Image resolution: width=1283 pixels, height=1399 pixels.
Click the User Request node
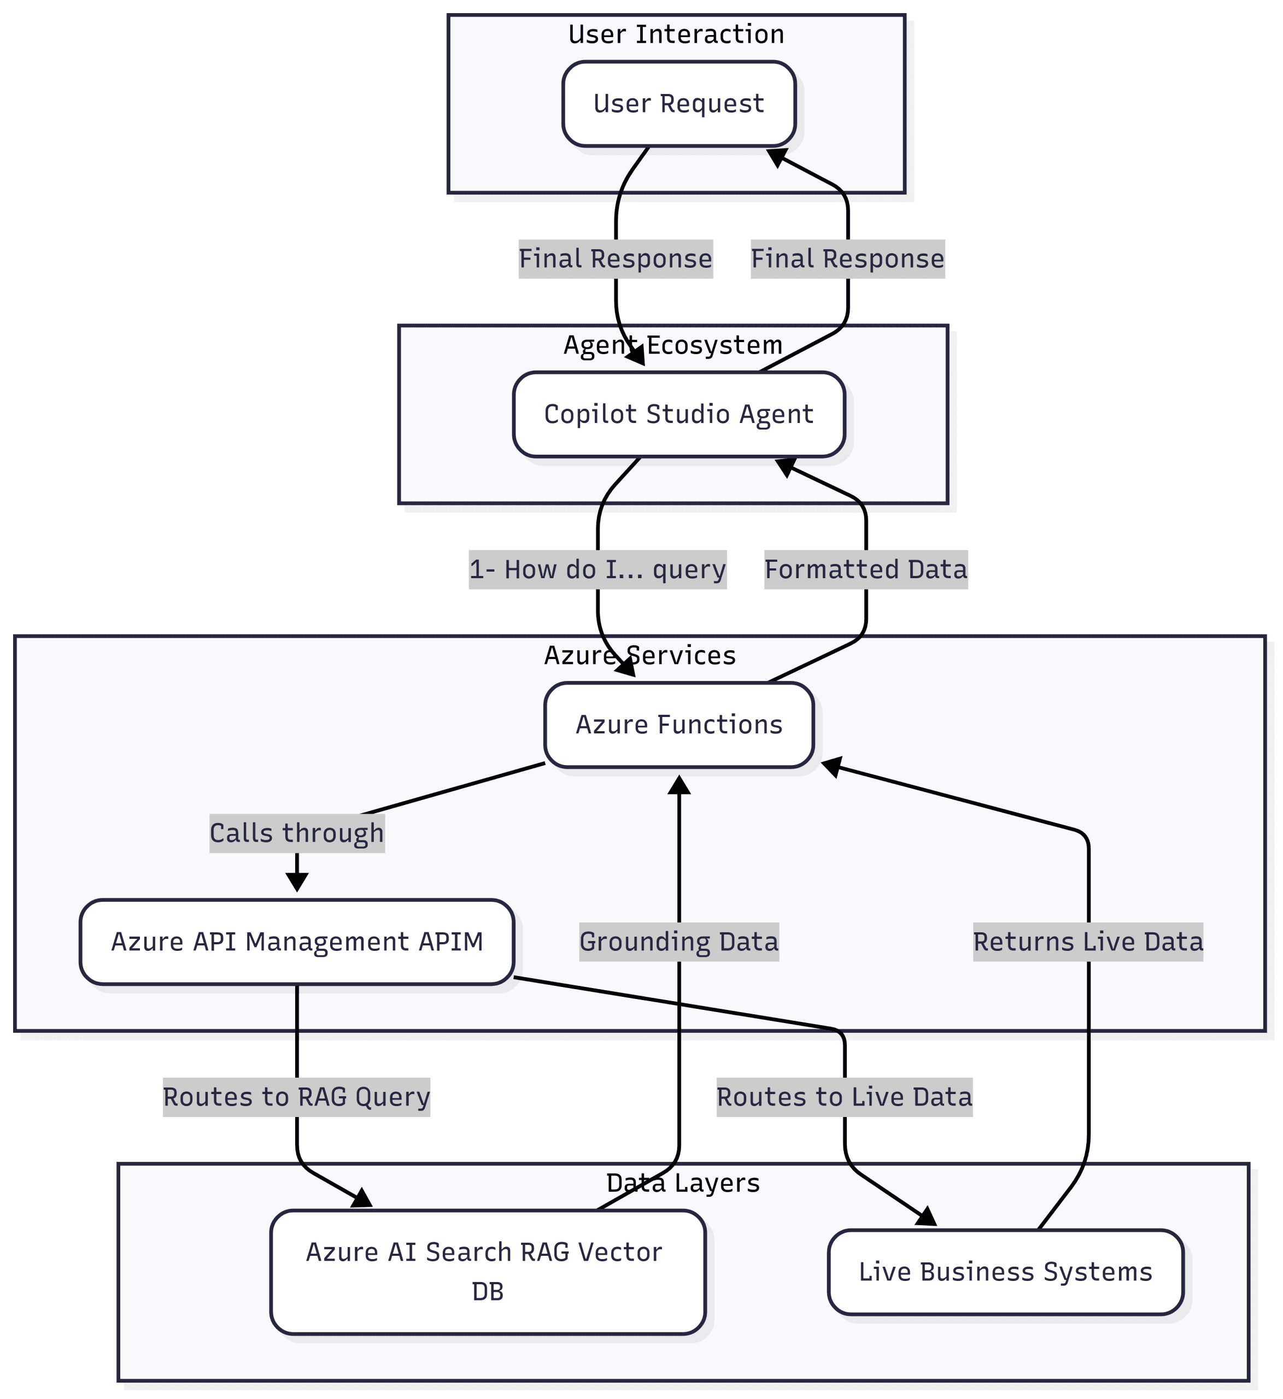pos(678,104)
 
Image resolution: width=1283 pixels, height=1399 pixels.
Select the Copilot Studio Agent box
pos(678,414)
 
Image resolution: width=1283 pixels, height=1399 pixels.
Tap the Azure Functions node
pos(678,725)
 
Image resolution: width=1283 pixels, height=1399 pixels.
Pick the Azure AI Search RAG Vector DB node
pos(488,1272)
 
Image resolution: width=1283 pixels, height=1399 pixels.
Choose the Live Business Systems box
pos(1005,1272)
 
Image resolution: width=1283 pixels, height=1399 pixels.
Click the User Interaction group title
pos(676,34)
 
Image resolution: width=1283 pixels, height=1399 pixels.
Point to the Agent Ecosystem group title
pos(673,345)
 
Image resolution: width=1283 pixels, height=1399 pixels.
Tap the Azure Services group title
pos(640,656)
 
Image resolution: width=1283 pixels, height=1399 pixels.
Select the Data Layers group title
pos(683,1183)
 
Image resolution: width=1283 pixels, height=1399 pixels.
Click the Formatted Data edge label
pos(866,570)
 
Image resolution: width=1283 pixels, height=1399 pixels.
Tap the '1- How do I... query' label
pos(597,570)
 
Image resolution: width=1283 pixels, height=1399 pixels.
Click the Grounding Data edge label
pos(679,942)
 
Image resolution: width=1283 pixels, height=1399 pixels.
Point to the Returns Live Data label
pos(1088,942)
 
